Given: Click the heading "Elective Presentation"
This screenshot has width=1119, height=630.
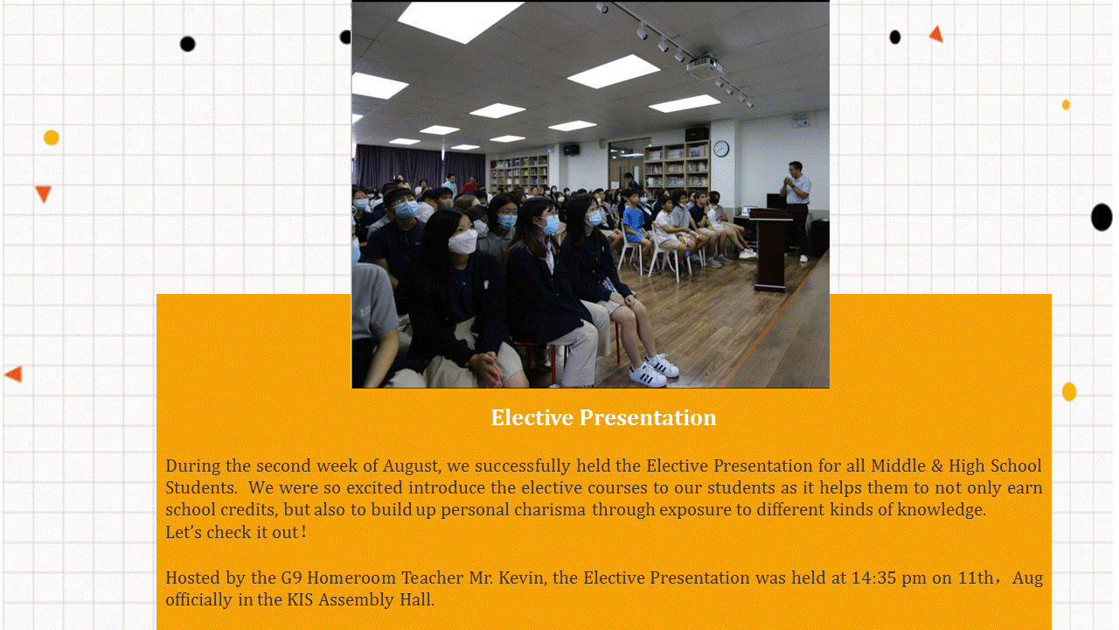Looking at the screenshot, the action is [603, 418].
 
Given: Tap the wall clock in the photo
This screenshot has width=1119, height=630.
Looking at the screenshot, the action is [721, 149].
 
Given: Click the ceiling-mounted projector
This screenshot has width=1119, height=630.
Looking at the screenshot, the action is [705, 66].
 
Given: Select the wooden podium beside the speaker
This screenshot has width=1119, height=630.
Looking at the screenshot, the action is [771, 248].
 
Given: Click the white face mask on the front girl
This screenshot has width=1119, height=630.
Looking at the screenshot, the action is [463, 241].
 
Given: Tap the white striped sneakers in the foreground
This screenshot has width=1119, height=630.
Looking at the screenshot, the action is [655, 370].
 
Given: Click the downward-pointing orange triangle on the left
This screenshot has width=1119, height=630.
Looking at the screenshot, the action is [44, 193].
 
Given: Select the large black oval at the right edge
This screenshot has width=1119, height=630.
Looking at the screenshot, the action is [1102, 217].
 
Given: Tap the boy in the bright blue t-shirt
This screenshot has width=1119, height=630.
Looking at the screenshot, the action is [635, 225].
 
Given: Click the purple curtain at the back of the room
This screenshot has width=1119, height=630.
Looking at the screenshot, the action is [419, 165].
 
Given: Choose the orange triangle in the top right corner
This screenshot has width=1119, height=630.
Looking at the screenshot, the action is [936, 34].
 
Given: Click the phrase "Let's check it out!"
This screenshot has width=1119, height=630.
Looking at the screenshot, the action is [236, 532].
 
